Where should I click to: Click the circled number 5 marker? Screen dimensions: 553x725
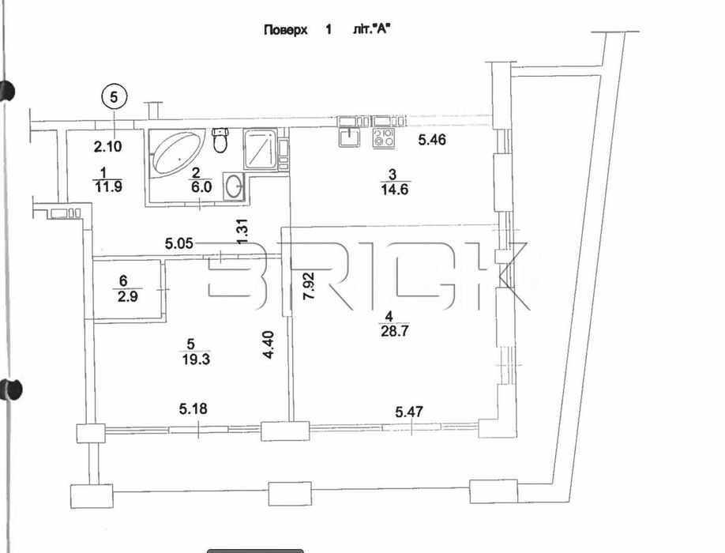(115, 98)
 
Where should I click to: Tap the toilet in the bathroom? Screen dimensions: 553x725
(220, 141)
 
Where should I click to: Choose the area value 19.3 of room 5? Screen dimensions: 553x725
(187, 359)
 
